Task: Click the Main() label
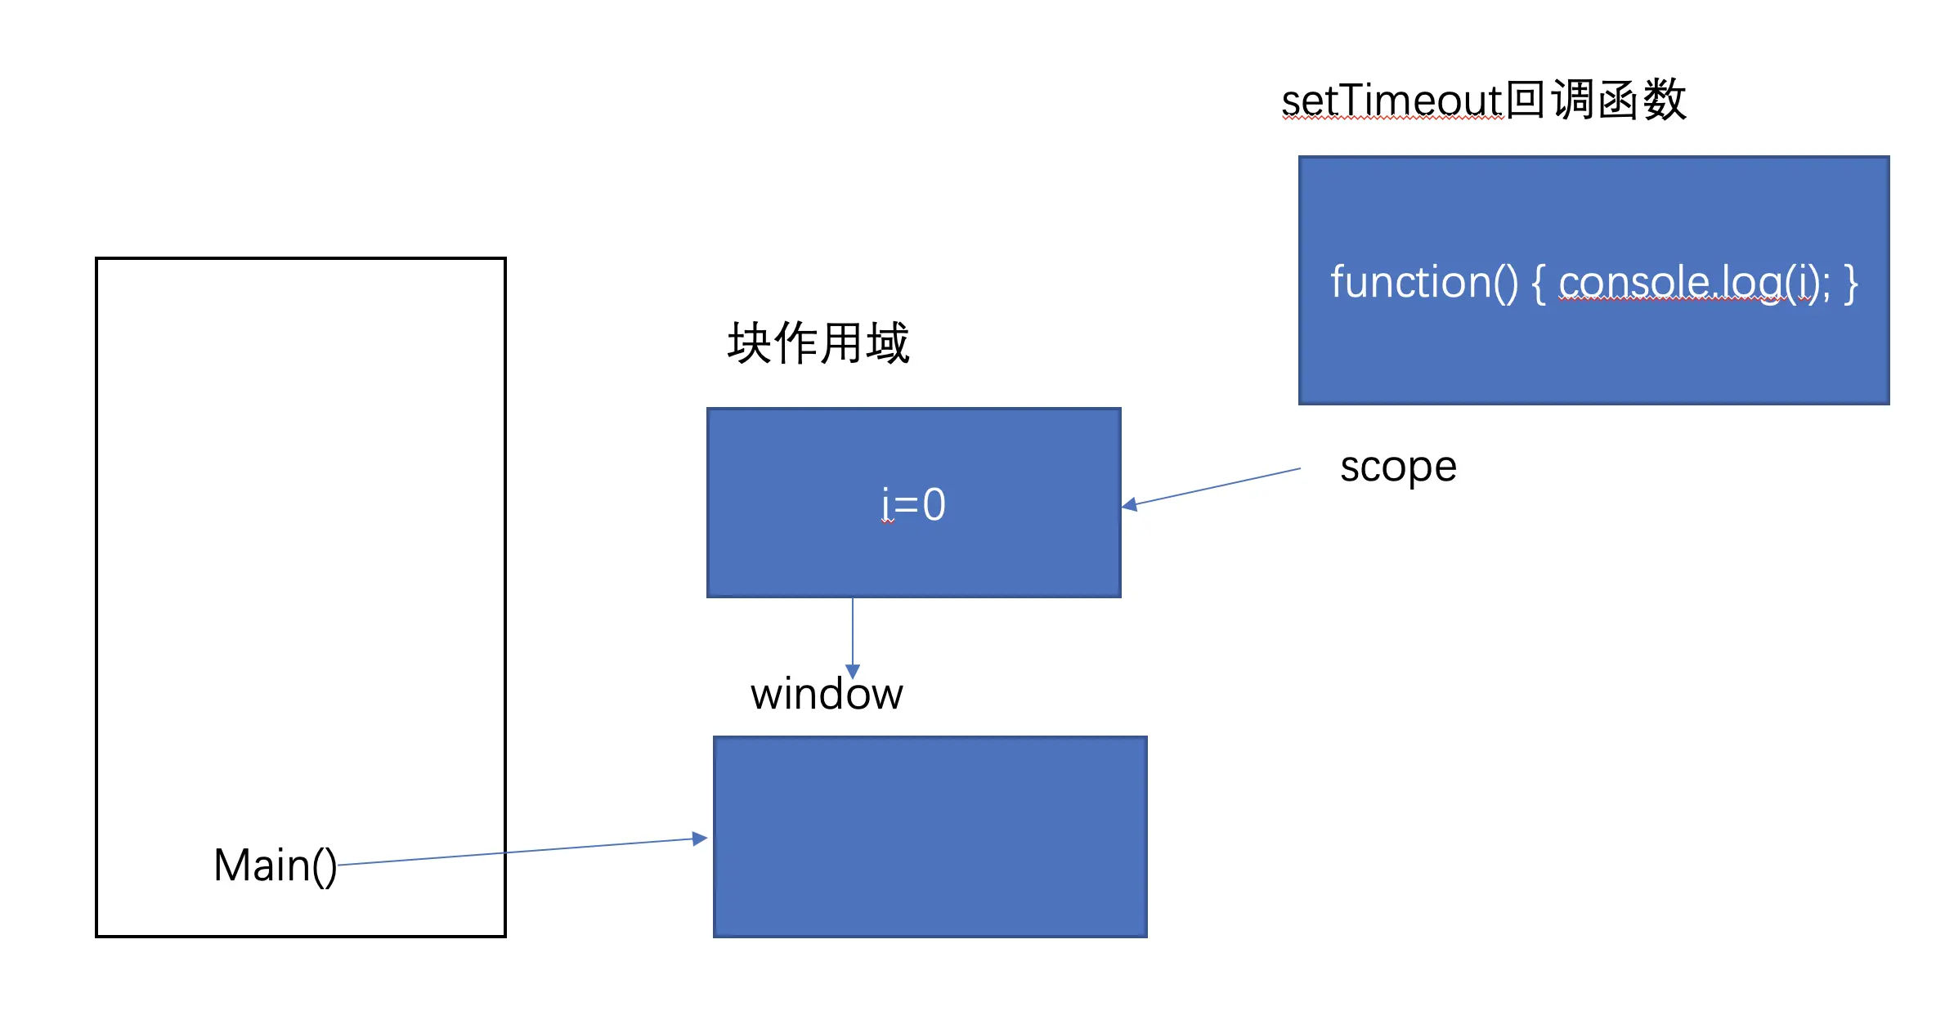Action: tap(275, 866)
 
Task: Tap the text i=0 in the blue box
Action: tap(913, 504)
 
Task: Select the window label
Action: tap(827, 694)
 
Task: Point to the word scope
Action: tap(1398, 468)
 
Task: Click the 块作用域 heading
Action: tap(818, 342)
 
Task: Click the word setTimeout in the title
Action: tap(1392, 101)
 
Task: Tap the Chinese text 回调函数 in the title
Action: tap(1596, 100)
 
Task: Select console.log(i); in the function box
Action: tap(1695, 283)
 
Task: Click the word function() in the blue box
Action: tap(1424, 283)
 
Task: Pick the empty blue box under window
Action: tap(930, 837)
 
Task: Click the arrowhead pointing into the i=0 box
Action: tap(1129, 505)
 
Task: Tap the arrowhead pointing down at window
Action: tap(853, 672)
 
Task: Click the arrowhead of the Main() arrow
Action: tap(700, 839)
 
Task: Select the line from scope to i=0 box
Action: tap(1211, 487)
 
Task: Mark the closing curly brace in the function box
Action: tap(1850, 284)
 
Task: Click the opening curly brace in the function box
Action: tap(1539, 284)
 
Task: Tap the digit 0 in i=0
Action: tap(934, 504)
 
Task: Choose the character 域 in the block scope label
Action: tap(888, 342)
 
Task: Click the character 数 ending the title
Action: tap(1665, 100)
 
